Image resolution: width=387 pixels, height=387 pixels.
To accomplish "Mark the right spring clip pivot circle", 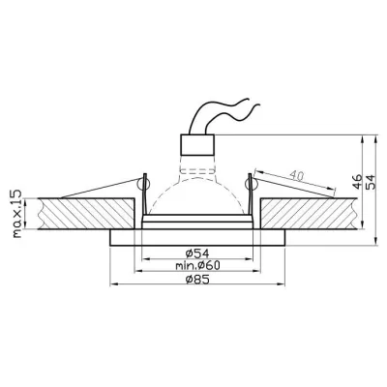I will (x=250, y=184).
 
